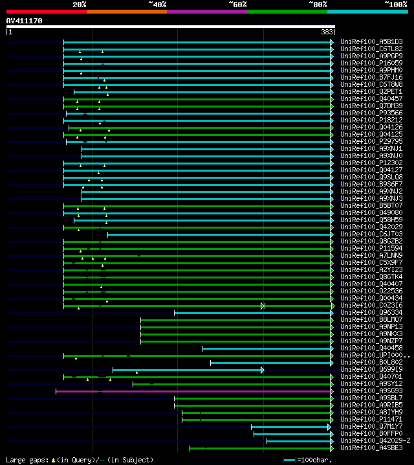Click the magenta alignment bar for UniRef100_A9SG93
[x=194, y=391]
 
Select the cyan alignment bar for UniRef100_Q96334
[x=252, y=313]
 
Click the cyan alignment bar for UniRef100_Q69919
[x=188, y=370]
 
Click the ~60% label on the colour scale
[x=237, y=4]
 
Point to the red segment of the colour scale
[x=46, y=11]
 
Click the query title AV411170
[x=25, y=21]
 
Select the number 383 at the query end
[x=327, y=32]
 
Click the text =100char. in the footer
[x=318, y=459]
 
